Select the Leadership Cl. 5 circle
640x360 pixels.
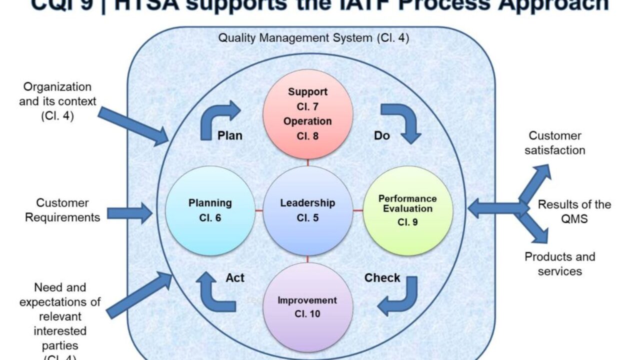click(x=307, y=210)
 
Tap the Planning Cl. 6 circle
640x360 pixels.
click(x=210, y=210)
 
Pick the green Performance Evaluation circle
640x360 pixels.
click(x=407, y=210)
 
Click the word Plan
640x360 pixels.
click(x=230, y=135)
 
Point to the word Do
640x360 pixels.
click(x=381, y=135)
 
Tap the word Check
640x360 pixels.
click(x=382, y=277)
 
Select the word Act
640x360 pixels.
click(x=234, y=277)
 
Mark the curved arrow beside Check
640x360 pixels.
click(x=400, y=297)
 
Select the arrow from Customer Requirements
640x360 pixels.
click(x=129, y=213)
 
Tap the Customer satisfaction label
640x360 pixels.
click(x=554, y=143)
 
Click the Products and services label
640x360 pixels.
click(x=559, y=264)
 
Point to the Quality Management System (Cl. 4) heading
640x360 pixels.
click(x=313, y=38)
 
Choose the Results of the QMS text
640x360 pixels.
click(x=574, y=211)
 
